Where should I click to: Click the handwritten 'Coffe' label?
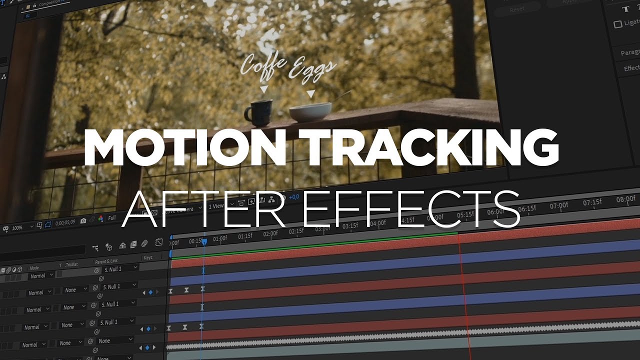pyautogui.click(x=263, y=66)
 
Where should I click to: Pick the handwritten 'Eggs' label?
pyautogui.click(x=312, y=69)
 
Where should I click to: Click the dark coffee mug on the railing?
pyautogui.click(x=259, y=112)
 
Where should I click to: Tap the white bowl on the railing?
pyautogui.click(x=310, y=111)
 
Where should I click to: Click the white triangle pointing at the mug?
pyautogui.click(x=263, y=89)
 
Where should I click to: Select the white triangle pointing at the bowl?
pyautogui.click(x=311, y=93)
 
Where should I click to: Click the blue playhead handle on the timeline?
pyautogui.click(x=204, y=242)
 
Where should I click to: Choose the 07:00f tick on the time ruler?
pyautogui.click(x=558, y=205)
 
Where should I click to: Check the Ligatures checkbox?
pyautogui.click(x=618, y=24)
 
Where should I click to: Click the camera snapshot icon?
pyautogui.click(x=83, y=220)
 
